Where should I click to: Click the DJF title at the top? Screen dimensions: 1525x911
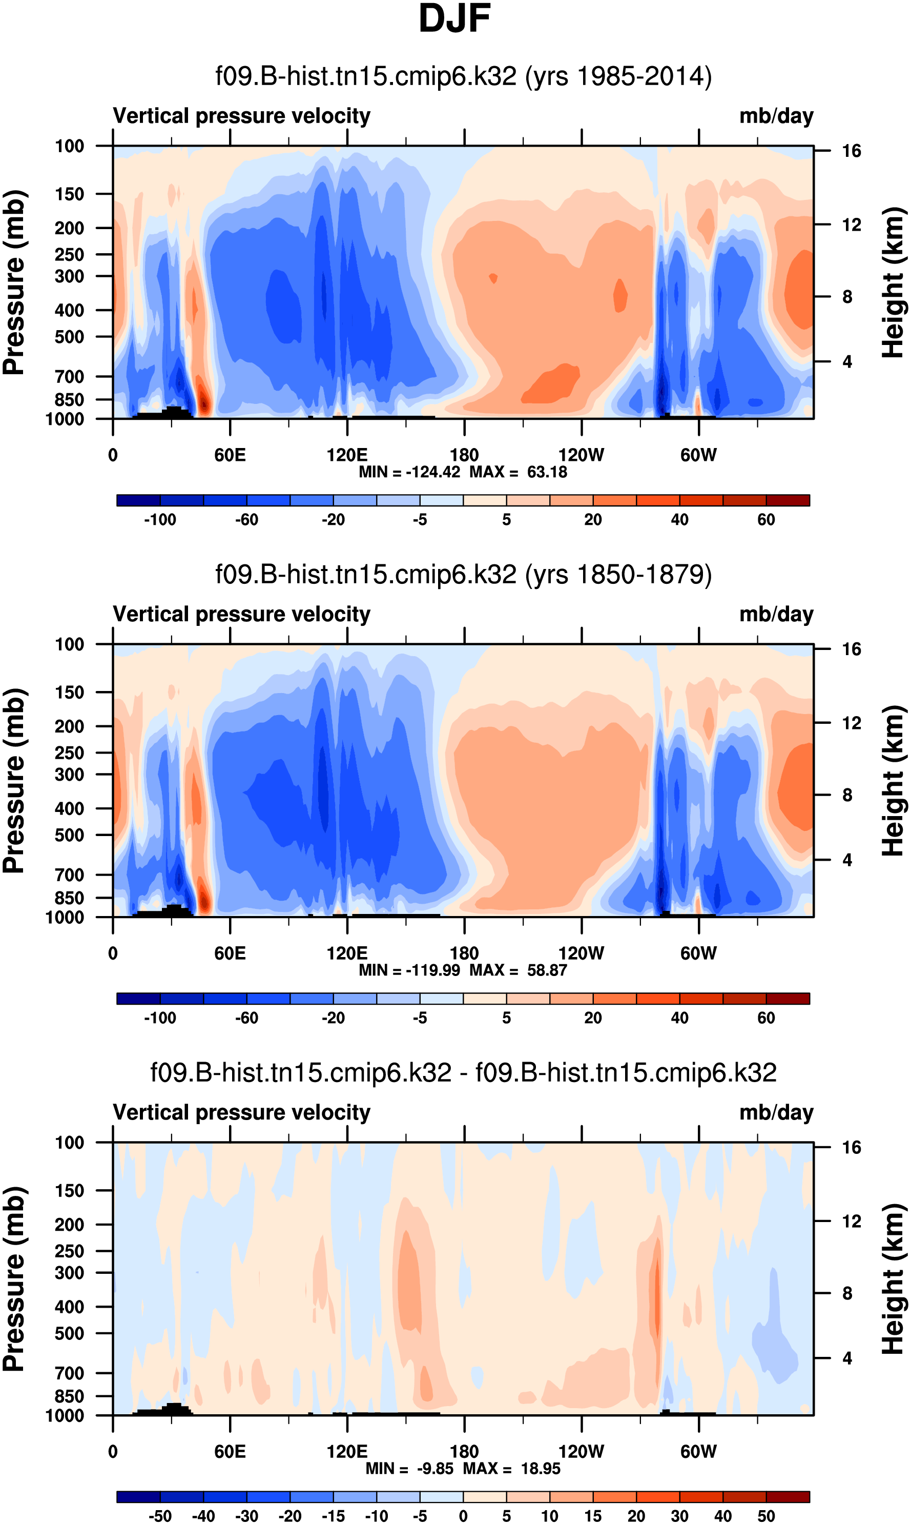[454, 18]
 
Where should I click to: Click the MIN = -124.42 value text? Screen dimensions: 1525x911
[409, 472]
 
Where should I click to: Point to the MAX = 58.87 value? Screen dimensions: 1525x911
[518, 970]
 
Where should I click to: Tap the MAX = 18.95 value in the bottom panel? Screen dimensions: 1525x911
[512, 1469]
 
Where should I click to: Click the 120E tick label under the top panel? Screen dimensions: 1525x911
[347, 455]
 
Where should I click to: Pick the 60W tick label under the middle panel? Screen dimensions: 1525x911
[698, 953]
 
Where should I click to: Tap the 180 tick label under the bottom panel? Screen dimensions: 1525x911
[464, 1451]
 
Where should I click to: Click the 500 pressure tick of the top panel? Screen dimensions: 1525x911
[69, 337]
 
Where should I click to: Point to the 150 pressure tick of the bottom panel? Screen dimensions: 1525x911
[69, 1190]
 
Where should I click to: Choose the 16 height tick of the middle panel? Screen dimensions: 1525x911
[851, 649]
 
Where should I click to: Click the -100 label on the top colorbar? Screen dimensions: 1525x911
[160, 520]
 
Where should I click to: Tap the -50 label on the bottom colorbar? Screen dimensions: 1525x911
[160, 1516]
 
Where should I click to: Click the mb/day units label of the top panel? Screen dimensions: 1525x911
[776, 116]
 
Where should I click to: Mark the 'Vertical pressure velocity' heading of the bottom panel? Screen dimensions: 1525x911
[241, 1112]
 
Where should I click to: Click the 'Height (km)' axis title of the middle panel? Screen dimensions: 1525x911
[893, 780]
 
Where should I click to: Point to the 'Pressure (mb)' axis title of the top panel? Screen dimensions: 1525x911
[13, 282]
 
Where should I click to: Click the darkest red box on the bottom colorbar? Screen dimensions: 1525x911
[788, 1497]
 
